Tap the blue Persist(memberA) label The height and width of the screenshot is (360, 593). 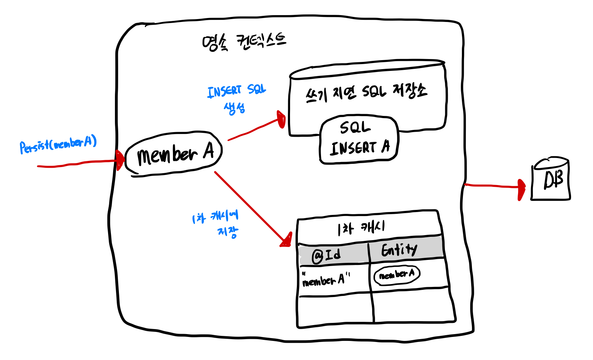click(x=58, y=145)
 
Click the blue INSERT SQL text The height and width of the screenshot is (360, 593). click(x=236, y=91)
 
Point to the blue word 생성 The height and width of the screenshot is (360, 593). click(x=235, y=108)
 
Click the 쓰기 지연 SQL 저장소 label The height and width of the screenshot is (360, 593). click(x=366, y=92)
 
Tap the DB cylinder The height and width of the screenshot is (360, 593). click(x=550, y=179)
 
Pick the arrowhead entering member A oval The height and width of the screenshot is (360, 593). click(x=120, y=161)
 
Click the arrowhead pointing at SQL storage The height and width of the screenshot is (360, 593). click(x=281, y=119)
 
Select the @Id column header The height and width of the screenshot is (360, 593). click(x=326, y=255)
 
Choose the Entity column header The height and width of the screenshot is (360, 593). click(x=399, y=249)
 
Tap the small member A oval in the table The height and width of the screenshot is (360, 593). click(x=397, y=275)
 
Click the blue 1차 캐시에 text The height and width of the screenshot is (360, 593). click(x=215, y=217)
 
